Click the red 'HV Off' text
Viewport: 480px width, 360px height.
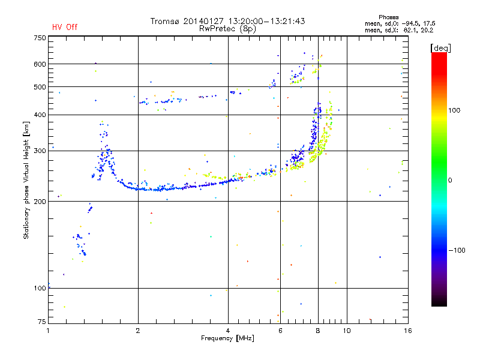coord(64,27)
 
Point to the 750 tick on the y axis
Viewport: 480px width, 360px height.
coord(40,38)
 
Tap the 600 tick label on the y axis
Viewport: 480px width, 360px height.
coord(40,64)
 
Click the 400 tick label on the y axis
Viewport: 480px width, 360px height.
coord(40,115)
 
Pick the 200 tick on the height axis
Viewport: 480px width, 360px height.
coord(40,202)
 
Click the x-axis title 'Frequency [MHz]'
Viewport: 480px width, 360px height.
coord(228,339)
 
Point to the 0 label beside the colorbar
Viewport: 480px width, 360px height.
coord(451,180)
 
